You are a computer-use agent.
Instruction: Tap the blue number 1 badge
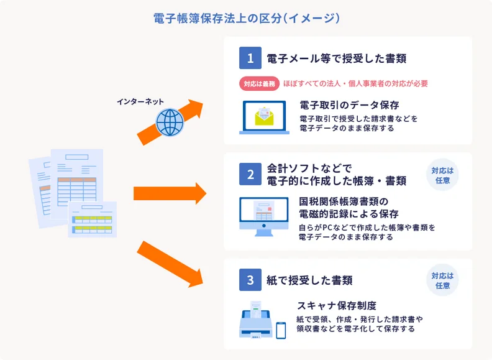250,58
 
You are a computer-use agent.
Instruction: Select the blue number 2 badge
250,174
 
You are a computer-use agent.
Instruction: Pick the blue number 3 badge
250,280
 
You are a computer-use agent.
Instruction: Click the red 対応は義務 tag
259,83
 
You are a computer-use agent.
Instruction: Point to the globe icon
170,121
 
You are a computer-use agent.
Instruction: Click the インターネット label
140,101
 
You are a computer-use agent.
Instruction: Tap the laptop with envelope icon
264,118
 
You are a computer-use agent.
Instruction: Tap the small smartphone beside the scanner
281,330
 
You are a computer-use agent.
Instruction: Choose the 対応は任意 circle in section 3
442,280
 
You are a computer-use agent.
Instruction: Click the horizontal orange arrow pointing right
169,193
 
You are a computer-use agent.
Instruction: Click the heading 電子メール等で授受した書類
336,58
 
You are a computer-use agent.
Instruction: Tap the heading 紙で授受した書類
309,280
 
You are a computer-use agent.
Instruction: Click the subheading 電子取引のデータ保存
348,104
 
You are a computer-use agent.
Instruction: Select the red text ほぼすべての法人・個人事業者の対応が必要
355,83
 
